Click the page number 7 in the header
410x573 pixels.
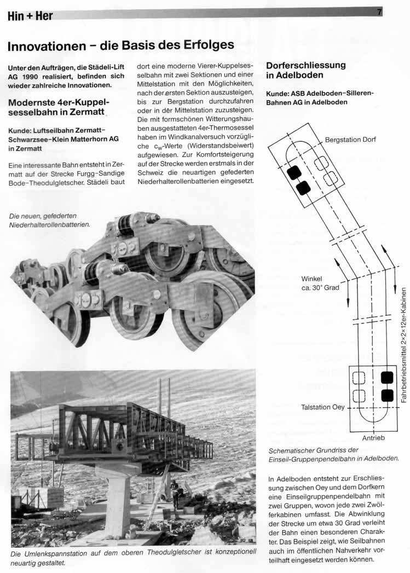coord(379,12)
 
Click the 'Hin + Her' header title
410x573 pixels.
coord(31,16)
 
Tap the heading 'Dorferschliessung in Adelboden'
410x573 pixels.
coord(306,70)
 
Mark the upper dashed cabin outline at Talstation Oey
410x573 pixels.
coord(359,378)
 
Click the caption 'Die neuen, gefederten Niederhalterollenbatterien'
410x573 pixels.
coord(49,220)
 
